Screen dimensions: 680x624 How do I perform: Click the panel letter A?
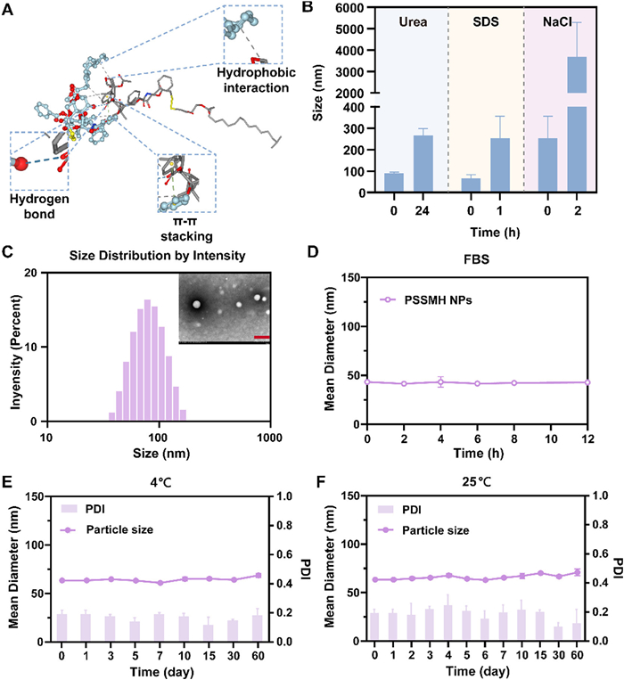click(x=10, y=9)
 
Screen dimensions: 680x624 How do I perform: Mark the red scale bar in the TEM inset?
click(x=261, y=338)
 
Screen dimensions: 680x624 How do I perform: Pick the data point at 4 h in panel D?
click(x=440, y=381)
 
